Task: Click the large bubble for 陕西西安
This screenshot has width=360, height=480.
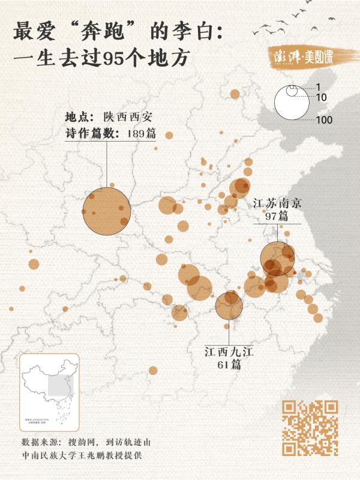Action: tap(106, 212)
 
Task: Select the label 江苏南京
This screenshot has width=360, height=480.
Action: tap(277, 203)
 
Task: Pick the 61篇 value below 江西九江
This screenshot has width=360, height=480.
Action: tap(229, 365)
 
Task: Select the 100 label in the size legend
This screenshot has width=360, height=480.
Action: tap(323, 120)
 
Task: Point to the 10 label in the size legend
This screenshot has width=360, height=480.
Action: tap(320, 97)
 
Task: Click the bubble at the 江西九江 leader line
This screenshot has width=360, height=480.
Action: tap(229, 305)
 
